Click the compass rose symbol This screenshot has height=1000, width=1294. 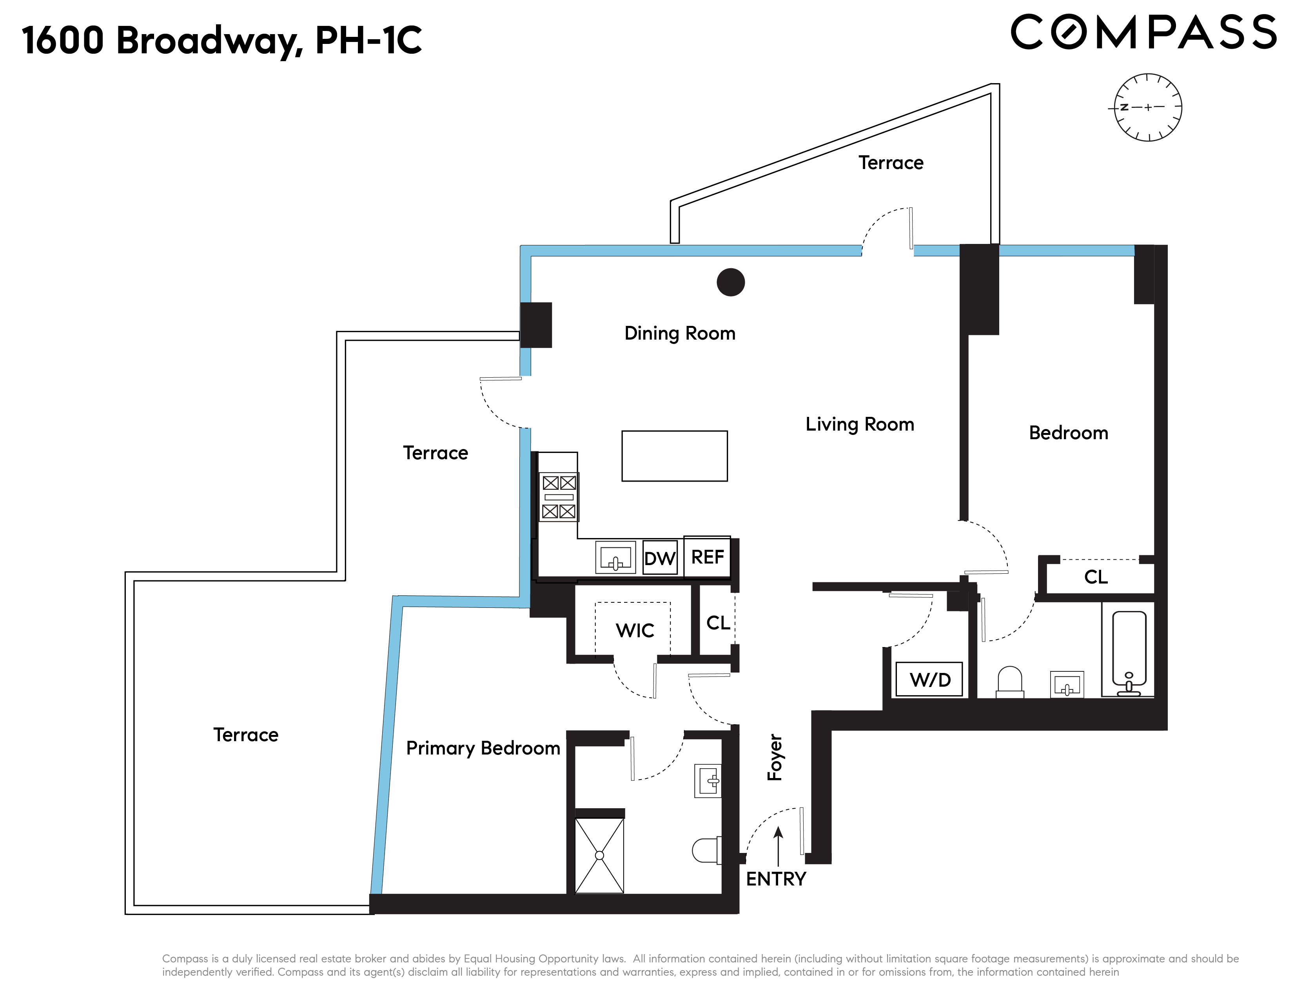click(x=1148, y=107)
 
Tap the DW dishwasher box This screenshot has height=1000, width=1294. click(x=659, y=558)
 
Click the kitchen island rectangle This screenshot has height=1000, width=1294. click(x=674, y=456)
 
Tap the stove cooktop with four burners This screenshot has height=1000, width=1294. click(x=559, y=497)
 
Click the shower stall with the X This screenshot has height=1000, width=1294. click(x=599, y=855)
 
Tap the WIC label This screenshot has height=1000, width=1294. click(x=635, y=630)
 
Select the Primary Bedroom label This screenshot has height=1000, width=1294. click(x=483, y=748)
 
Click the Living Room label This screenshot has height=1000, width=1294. click(x=859, y=424)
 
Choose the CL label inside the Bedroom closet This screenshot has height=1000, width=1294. click(x=1096, y=577)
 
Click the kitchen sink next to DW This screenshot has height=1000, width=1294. click(x=615, y=557)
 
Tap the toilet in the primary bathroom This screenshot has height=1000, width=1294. click(x=706, y=851)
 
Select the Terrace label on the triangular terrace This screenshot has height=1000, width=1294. click(x=891, y=162)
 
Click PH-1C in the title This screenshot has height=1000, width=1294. click(x=368, y=40)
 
